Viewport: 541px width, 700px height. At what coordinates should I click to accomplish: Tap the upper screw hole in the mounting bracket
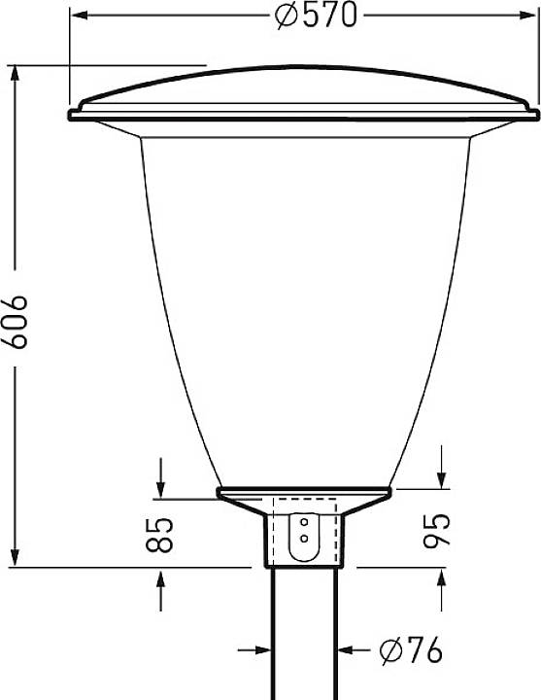coord(304,521)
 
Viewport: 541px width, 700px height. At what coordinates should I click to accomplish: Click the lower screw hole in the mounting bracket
coord(304,537)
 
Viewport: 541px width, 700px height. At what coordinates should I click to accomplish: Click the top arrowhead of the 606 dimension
coord(16,74)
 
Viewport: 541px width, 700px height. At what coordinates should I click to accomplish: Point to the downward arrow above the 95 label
coord(442,476)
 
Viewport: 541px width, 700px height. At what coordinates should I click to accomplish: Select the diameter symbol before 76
coord(390,651)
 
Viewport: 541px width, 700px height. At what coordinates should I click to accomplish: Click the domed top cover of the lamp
coord(301,87)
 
